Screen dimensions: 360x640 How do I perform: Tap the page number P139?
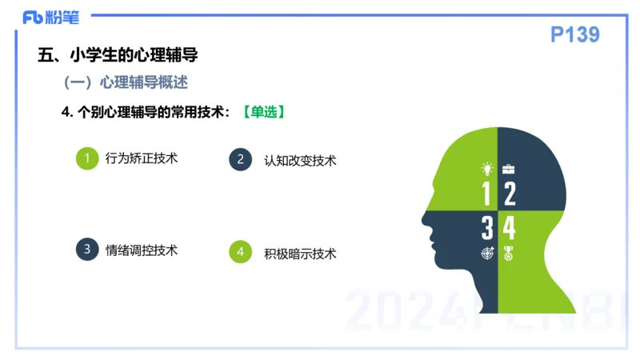[575, 34]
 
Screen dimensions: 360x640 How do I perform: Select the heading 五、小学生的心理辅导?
[118, 55]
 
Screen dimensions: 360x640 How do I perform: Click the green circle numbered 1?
[86, 158]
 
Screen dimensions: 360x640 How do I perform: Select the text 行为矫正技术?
[141, 158]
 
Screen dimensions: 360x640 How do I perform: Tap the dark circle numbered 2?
[240, 159]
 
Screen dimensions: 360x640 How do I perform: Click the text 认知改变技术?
[300, 160]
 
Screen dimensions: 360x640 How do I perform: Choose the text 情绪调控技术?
[142, 250]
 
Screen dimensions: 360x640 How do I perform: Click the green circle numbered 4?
[240, 253]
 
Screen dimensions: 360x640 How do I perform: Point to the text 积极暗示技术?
[300, 254]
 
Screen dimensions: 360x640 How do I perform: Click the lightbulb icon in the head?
[486, 169]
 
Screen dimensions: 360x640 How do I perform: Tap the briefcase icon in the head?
[509, 169]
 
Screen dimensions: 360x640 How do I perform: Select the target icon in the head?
[487, 254]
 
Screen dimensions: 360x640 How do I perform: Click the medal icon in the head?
[508, 254]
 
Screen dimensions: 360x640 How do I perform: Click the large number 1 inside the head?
[486, 194]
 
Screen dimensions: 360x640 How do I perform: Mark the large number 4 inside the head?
[509, 228]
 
